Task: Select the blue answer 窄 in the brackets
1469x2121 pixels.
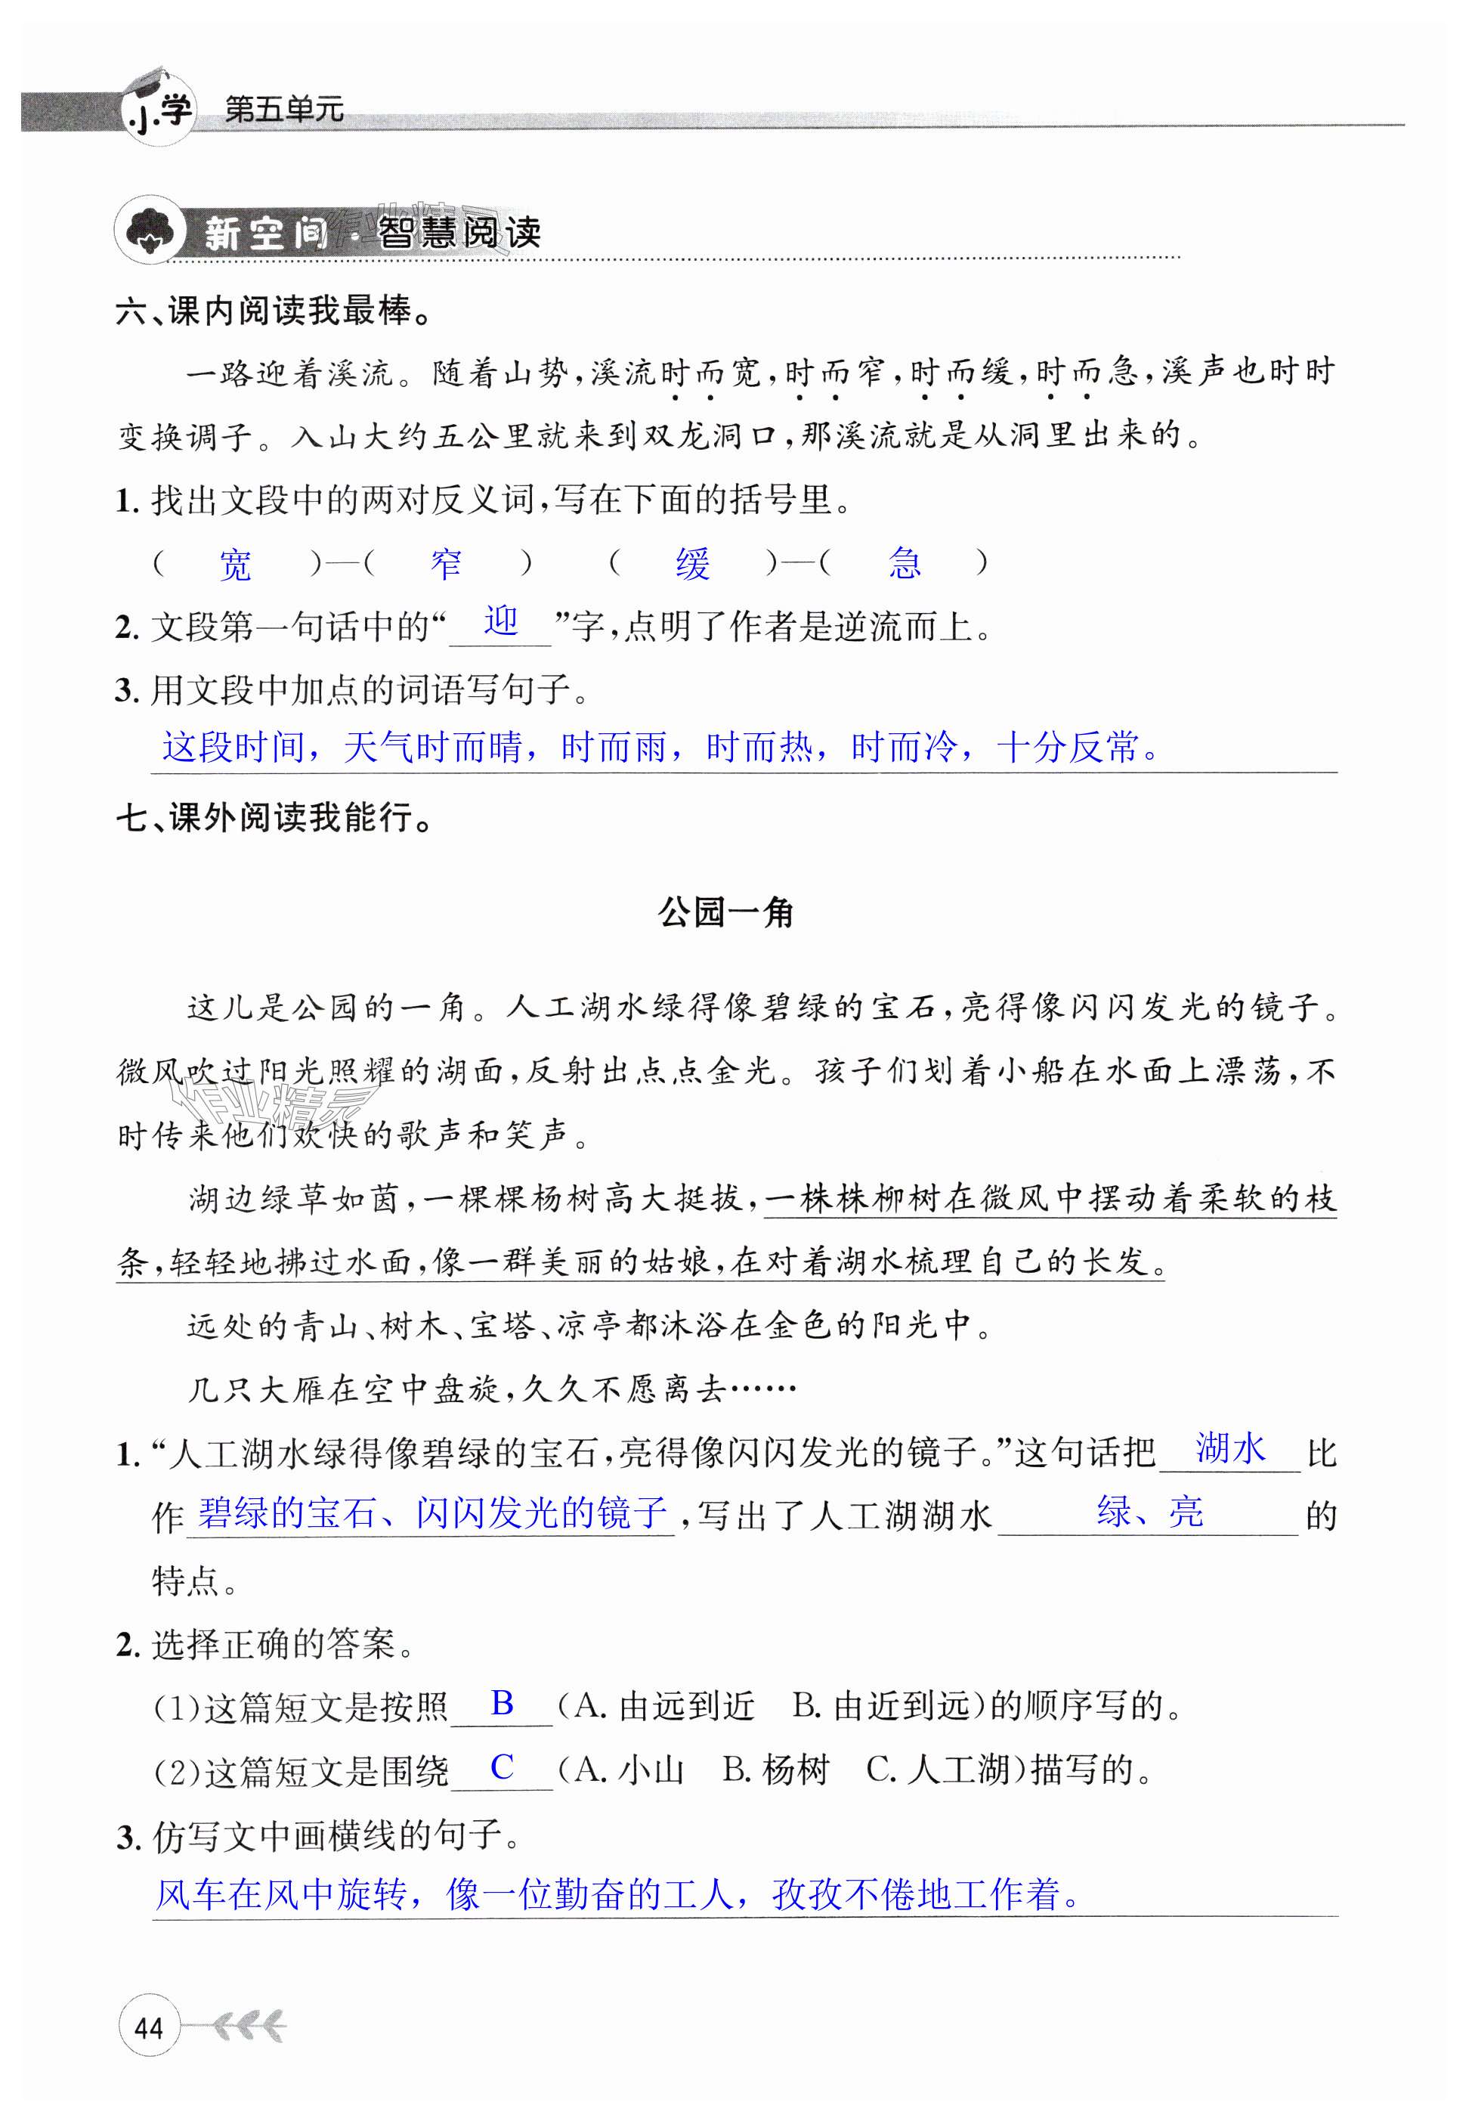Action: (447, 563)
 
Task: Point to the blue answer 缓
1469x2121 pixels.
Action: (692, 563)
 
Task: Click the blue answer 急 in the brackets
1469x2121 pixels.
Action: (904, 563)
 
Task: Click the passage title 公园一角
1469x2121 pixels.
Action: (725, 913)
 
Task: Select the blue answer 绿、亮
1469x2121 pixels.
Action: (1149, 1512)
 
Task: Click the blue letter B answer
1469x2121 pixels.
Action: (502, 1703)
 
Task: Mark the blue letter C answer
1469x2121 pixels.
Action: (502, 1766)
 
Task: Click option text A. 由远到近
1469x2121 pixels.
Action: (663, 1706)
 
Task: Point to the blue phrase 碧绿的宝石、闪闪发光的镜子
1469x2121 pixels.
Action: (431, 1513)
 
